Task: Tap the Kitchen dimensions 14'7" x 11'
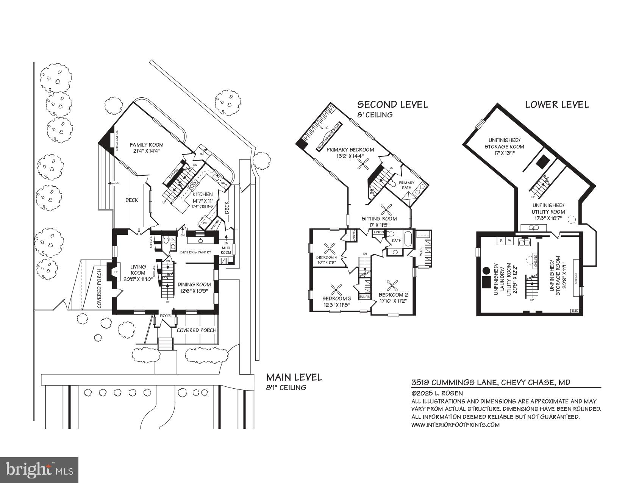pyautogui.click(x=202, y=201)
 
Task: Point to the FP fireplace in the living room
pyautogui.click(x=116, y=272)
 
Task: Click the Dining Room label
pyautogui.click(x=194, y=284)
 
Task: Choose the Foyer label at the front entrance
pyautogui.click(x=165, y=316)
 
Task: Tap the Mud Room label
pyautogui.click(x=226, y=250)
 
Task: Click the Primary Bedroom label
pyautogui.click(x=350, y=150)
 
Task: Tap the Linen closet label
pyautogui.click(x=378, y=232)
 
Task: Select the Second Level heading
pyautogui.click(x=392, y=105)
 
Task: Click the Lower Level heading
pyautogui.click(x=557, y=105)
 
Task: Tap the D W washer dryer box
pyautogui.click(x=505, y=241)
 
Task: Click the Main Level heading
pyautogui.click(x=294, y=377)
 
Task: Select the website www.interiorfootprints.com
pyautogui.click(x=455, y=425)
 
